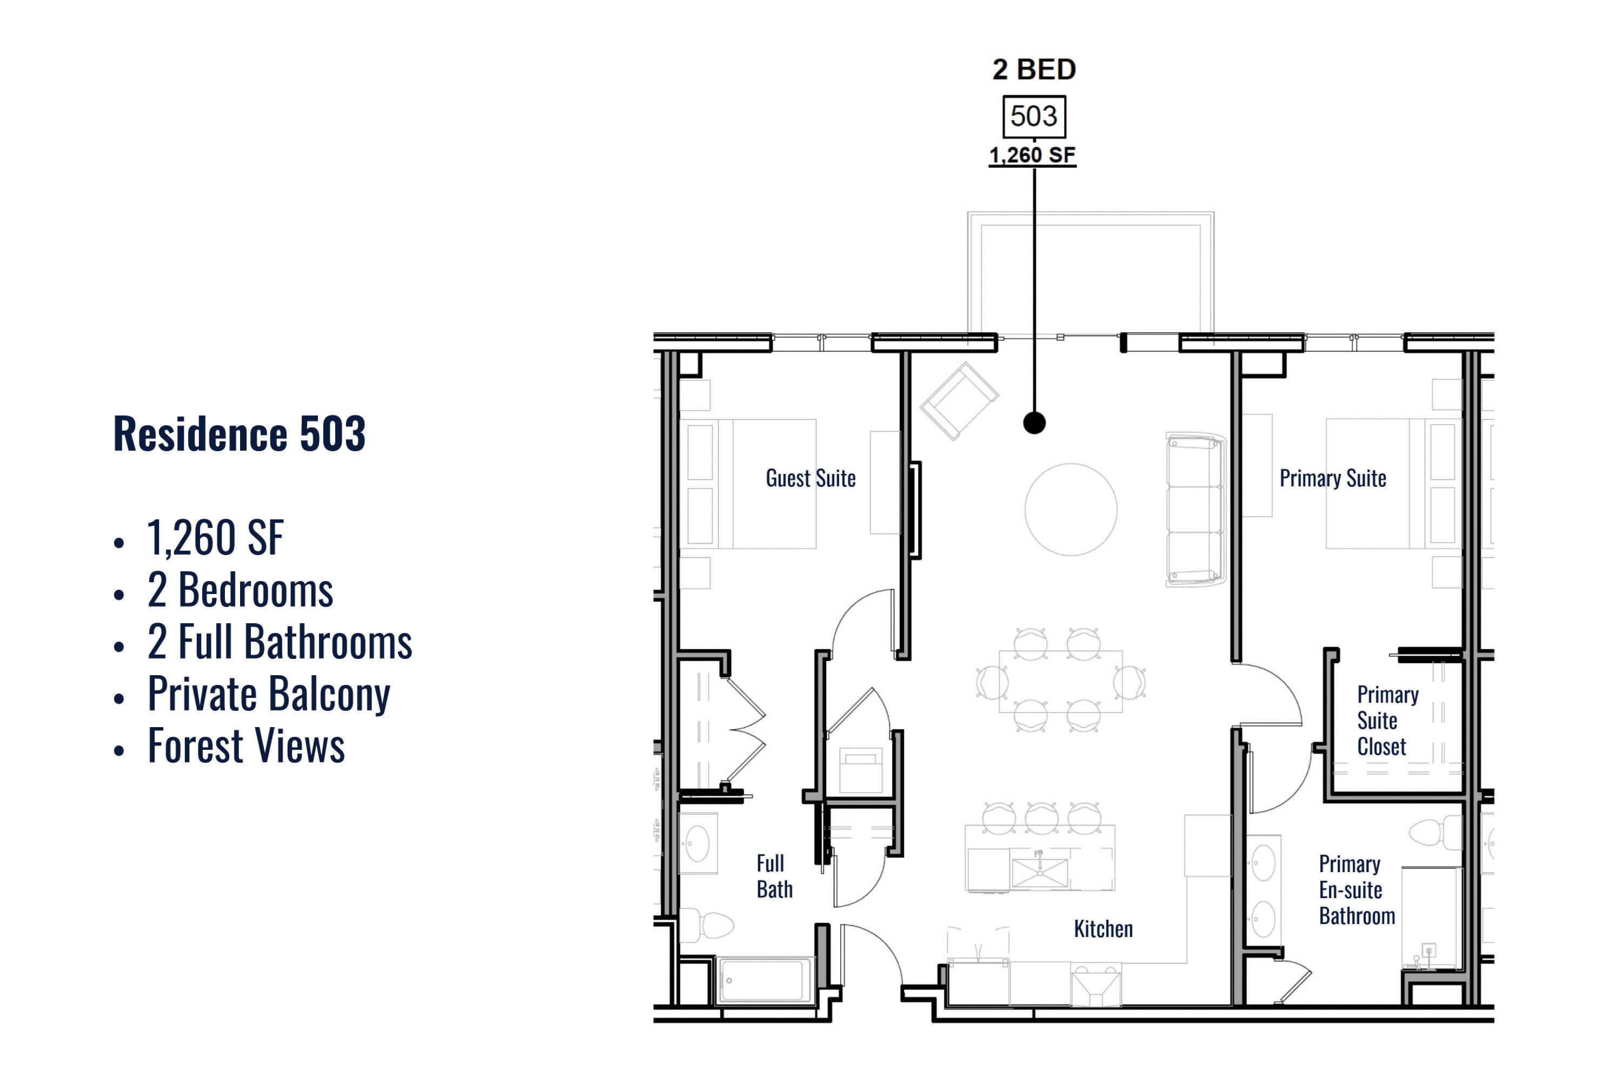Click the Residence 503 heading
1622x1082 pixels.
tap(240, 434)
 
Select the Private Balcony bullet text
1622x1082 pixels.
tap(269, 694)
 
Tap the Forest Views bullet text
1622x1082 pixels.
tap(246, 746)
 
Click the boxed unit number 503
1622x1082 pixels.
tap(1034, 116)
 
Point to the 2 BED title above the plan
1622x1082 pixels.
tap(1034, 69)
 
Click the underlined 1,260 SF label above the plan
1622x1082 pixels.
tap(1032, 155)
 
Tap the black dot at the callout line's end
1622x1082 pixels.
tap(1034, 423)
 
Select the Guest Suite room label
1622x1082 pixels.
tap(810, 478)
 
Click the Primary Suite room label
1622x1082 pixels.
tap(1333, 478)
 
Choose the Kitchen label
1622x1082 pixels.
tap(1104, 929)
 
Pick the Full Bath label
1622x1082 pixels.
tap(774, 876)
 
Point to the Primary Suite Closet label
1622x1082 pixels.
tap(1387, 721)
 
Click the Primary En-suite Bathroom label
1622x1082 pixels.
tap(1357, 890)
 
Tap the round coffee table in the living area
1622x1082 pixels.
tap(1071, 509)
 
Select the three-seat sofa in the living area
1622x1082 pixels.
tap(1195, 510)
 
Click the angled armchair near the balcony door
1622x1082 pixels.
tap(959, 401)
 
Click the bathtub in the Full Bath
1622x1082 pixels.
tap(766, 980)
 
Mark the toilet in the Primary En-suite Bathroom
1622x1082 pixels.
tap(1434, 832)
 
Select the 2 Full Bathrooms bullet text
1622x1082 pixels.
tap(280, 642)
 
